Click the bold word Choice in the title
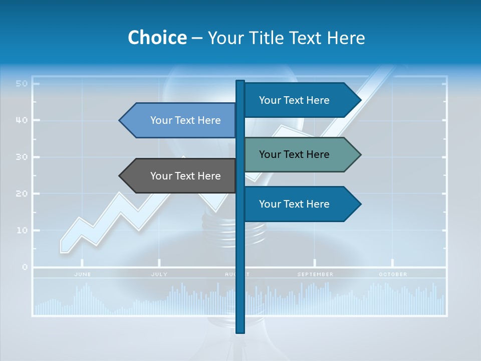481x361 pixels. click(x=157, y=38)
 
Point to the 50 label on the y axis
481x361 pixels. click(x=21, y=83)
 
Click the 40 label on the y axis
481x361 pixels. click(x=21, y=120)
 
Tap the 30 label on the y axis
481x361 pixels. click(x=21, y=157)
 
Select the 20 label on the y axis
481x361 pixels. click(x=21, y=194)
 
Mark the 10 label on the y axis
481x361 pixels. click(x=21, y=230)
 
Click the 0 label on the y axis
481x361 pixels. click(x=25, y=267)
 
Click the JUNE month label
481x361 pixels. click(x=83, y=274)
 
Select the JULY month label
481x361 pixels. click(x=159, y=274)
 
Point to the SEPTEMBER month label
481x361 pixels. click(x=315, y=274)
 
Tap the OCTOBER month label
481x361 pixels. click(x=393, y=274)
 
